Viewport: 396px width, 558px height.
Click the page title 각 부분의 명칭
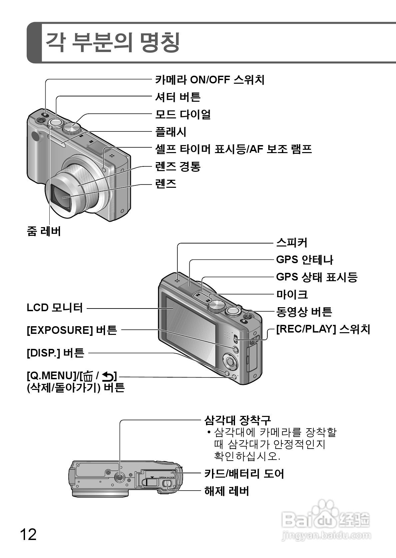(112, 42)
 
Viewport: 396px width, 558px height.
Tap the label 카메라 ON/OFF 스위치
(210, 80)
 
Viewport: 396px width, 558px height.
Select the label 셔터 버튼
(178, 97)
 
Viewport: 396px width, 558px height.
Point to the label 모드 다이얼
(183, 114)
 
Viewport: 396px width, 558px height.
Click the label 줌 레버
(44, 231)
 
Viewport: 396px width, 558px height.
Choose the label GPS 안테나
(304, 259)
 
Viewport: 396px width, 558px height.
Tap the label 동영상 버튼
(304, 312)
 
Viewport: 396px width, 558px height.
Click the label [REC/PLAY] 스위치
(323, 329)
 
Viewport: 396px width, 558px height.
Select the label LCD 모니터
(55, 308)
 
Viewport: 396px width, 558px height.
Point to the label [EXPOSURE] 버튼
(72, 330)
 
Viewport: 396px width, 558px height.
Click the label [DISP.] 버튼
(55, 353)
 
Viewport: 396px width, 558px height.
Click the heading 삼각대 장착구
(237, 420)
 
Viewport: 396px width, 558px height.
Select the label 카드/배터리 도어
(244, 473)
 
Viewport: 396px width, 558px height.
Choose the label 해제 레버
(226, 491)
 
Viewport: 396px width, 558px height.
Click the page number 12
(28, 535)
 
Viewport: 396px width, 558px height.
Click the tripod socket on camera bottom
(120, 477)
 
